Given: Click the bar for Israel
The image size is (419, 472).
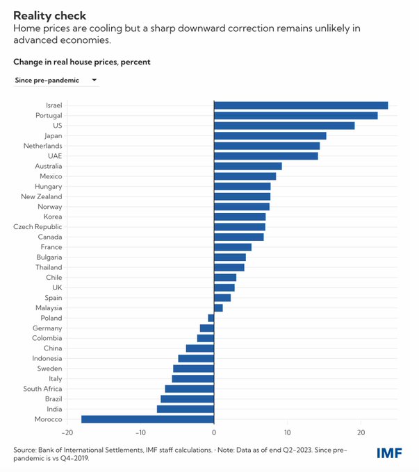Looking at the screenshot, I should click(x=301, y=106).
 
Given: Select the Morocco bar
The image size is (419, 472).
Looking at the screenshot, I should click(x=147, y=419).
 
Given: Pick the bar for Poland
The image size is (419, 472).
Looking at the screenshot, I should click(x=211, y=318).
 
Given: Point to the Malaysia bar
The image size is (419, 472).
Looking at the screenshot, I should click(x=218, y=307).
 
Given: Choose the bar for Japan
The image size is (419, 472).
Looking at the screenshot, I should click(x=270, y=136).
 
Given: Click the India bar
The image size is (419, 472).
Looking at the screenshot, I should click(x=186, y=409).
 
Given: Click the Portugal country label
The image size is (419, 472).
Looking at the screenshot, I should click(x=48, y=115).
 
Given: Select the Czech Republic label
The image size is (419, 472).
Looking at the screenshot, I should click(x=38, y=227).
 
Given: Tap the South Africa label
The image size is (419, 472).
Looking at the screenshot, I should click(x=42, y=389).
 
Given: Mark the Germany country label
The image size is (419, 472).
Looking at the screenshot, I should click(x=47, y=328).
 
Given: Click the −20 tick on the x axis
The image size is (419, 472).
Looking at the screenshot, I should click(x=67, y=433).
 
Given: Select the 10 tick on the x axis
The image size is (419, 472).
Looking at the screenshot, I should click(x=288, y=433).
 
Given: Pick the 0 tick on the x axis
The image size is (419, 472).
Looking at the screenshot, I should click(x=214, y=433).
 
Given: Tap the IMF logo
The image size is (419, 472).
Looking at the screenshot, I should click(x=389, y=453).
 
